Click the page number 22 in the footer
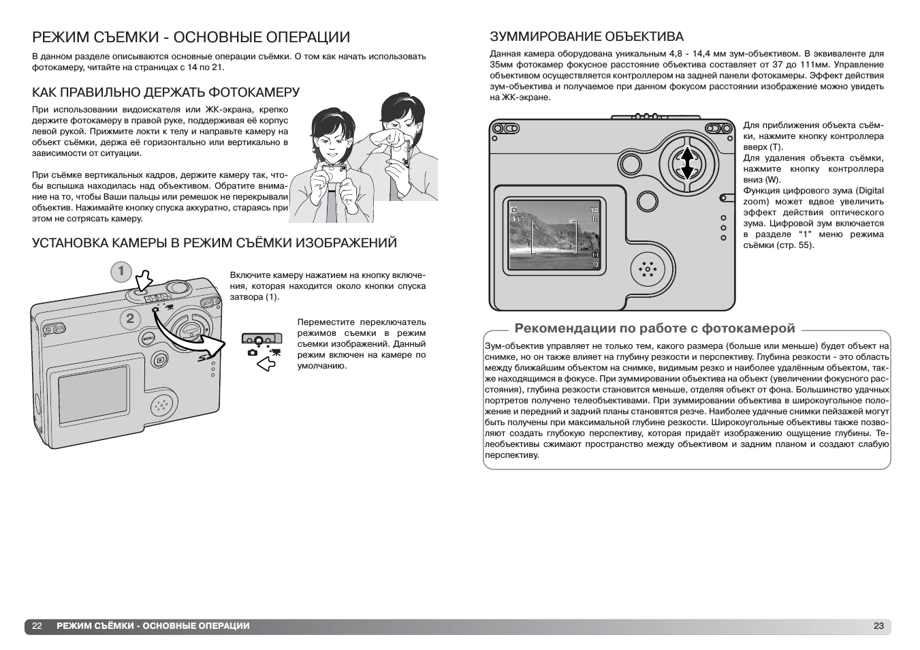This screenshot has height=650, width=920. point(37,625)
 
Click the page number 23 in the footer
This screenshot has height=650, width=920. point(878,625)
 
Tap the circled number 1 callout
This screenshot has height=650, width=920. point(121,272)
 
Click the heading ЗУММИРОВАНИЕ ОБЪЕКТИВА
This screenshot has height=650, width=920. point(586,37)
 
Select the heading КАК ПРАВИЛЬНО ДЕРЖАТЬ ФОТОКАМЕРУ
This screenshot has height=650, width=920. point(166,92)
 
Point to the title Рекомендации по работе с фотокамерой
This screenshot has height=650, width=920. point(654,328)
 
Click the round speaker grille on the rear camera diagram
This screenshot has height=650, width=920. point(647,270)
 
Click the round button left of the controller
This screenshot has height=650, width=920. point(631,164)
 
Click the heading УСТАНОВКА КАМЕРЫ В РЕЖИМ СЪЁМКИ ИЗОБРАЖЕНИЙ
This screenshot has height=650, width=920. point(215,243)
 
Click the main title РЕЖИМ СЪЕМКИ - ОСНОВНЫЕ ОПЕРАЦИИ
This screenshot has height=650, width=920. point(191,37)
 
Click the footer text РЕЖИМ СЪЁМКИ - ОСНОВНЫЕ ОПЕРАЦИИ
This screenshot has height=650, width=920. point(153,625)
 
